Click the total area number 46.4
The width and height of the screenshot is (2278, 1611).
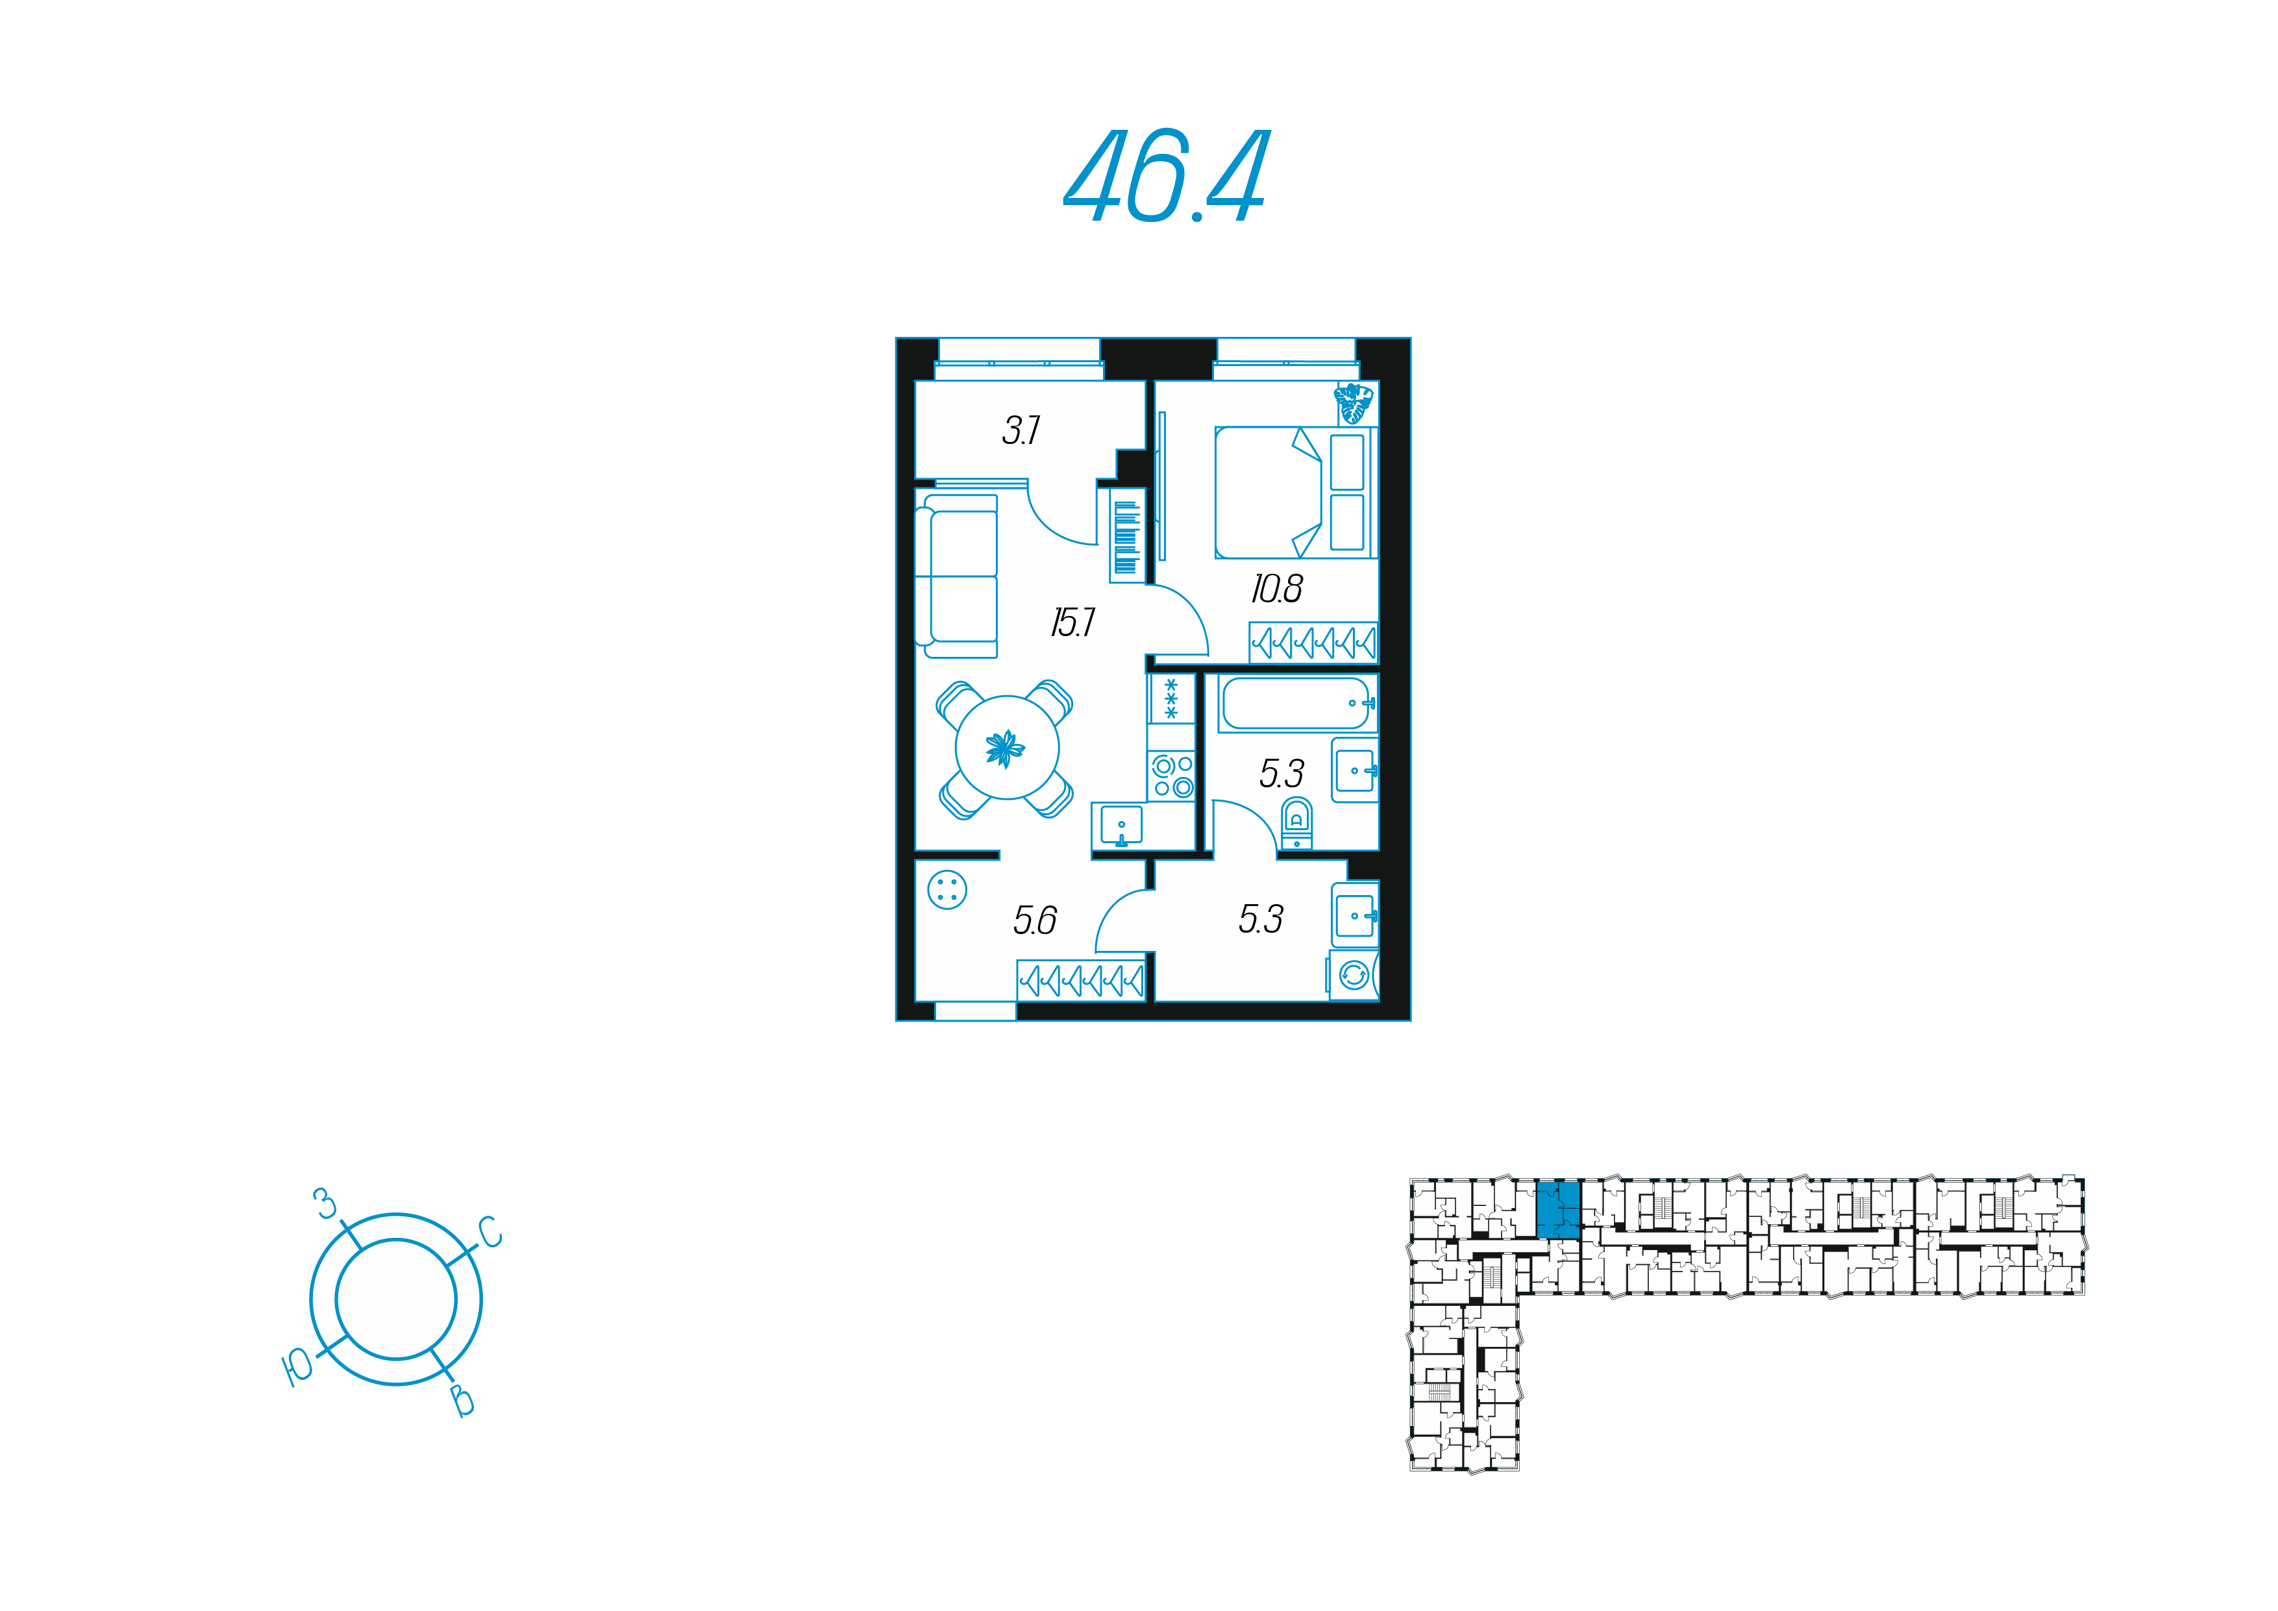point(1166,176)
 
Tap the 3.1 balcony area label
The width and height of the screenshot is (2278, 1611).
point(1021,430)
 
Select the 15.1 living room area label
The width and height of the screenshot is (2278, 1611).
point(1072,623)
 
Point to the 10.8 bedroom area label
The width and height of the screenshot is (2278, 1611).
point(1277,589)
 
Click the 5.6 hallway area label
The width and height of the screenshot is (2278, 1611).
point(1035,920)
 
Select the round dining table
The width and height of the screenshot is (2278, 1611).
point(1007,747)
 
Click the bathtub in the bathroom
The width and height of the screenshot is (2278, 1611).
point(1298,704)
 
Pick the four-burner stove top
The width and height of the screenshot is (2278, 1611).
point(1172,776)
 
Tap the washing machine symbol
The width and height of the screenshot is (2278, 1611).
point(1354,975)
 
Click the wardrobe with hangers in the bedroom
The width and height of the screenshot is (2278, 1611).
point(1313,643)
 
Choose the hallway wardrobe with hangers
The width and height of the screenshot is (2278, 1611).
point(1082,980)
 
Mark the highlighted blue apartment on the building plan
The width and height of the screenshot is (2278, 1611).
point(1559,1209)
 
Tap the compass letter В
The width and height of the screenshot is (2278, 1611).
point(462,1401)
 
